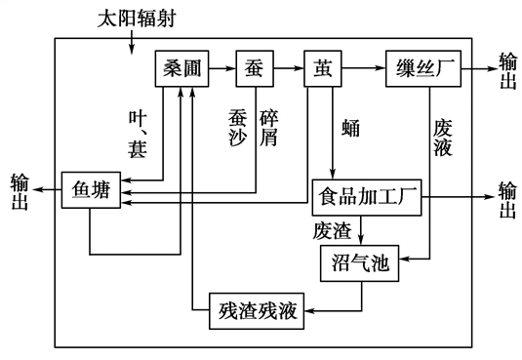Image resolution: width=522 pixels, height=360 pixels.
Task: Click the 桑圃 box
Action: [x=183, y=69]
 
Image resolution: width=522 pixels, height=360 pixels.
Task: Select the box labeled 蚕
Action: [x=254, y=69]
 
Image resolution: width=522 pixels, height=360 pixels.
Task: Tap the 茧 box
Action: [x=322, y=69]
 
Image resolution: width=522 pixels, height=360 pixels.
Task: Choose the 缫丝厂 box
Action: [x=421, y=69]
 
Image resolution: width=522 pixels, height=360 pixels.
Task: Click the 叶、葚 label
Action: [x=137, y=132]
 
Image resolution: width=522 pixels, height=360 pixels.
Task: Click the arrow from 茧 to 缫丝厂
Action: [x=362, y=69]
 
